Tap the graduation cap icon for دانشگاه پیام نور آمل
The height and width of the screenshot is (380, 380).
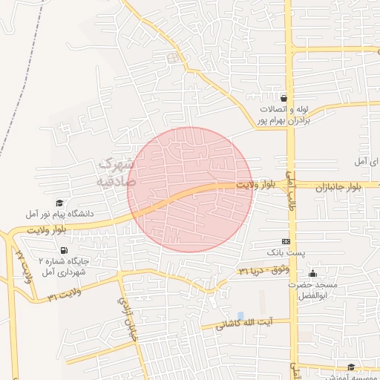pyautogui.click(x=59, y=203)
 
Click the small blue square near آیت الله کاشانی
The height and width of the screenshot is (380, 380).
pyautogui.click(x=240, y=316)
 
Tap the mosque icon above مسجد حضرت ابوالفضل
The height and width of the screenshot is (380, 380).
pyautogui.click(x=312, y=273)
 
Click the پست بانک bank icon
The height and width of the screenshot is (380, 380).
pyautogui.click(x=286, y=243)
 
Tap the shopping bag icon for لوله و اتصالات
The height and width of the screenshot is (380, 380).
pyautogui.click(x=284, y=98)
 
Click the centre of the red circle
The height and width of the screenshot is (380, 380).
pyautogui.click(x=191, y=189)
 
